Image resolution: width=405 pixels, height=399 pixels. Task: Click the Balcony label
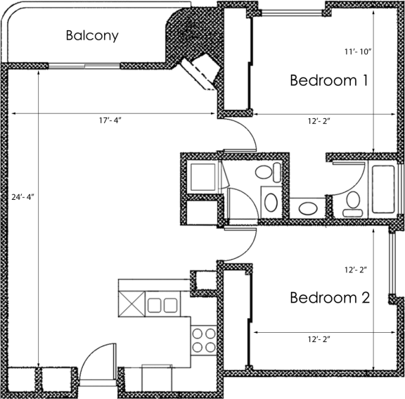click(91, 35)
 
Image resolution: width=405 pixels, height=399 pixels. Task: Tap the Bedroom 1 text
click(329, 81)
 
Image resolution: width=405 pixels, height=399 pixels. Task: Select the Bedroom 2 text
click(330, 298)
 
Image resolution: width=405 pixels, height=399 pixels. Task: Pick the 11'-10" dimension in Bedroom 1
click(357, 51)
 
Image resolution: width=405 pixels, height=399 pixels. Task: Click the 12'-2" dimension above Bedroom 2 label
click(356, 269)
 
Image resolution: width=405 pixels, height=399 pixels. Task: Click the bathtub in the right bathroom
click(384, 188)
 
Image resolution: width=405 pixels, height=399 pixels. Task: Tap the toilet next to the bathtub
click(352, 203)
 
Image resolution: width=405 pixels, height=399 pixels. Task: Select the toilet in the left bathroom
click(265, 173)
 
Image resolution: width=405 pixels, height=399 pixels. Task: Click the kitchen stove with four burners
click(204, 341)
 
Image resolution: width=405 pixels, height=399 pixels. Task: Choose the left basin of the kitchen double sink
click(155, 305)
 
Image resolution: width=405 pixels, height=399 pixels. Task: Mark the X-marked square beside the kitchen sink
click(131, 305)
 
